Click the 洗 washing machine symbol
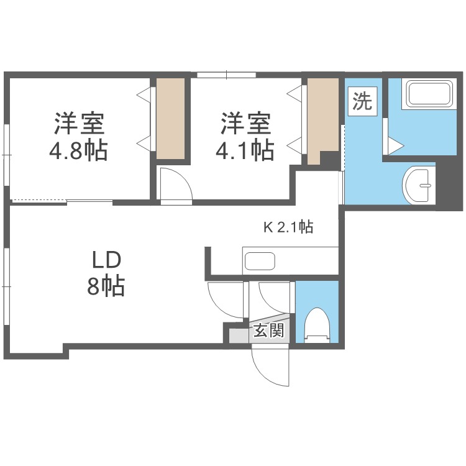click(362, 101)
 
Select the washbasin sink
click(419, 184)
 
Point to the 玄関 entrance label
click(268, 331)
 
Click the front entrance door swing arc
click(268, 369)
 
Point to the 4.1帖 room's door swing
click(174, 184)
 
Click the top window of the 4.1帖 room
click(226, 76)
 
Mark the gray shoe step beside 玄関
click(238, 335)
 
